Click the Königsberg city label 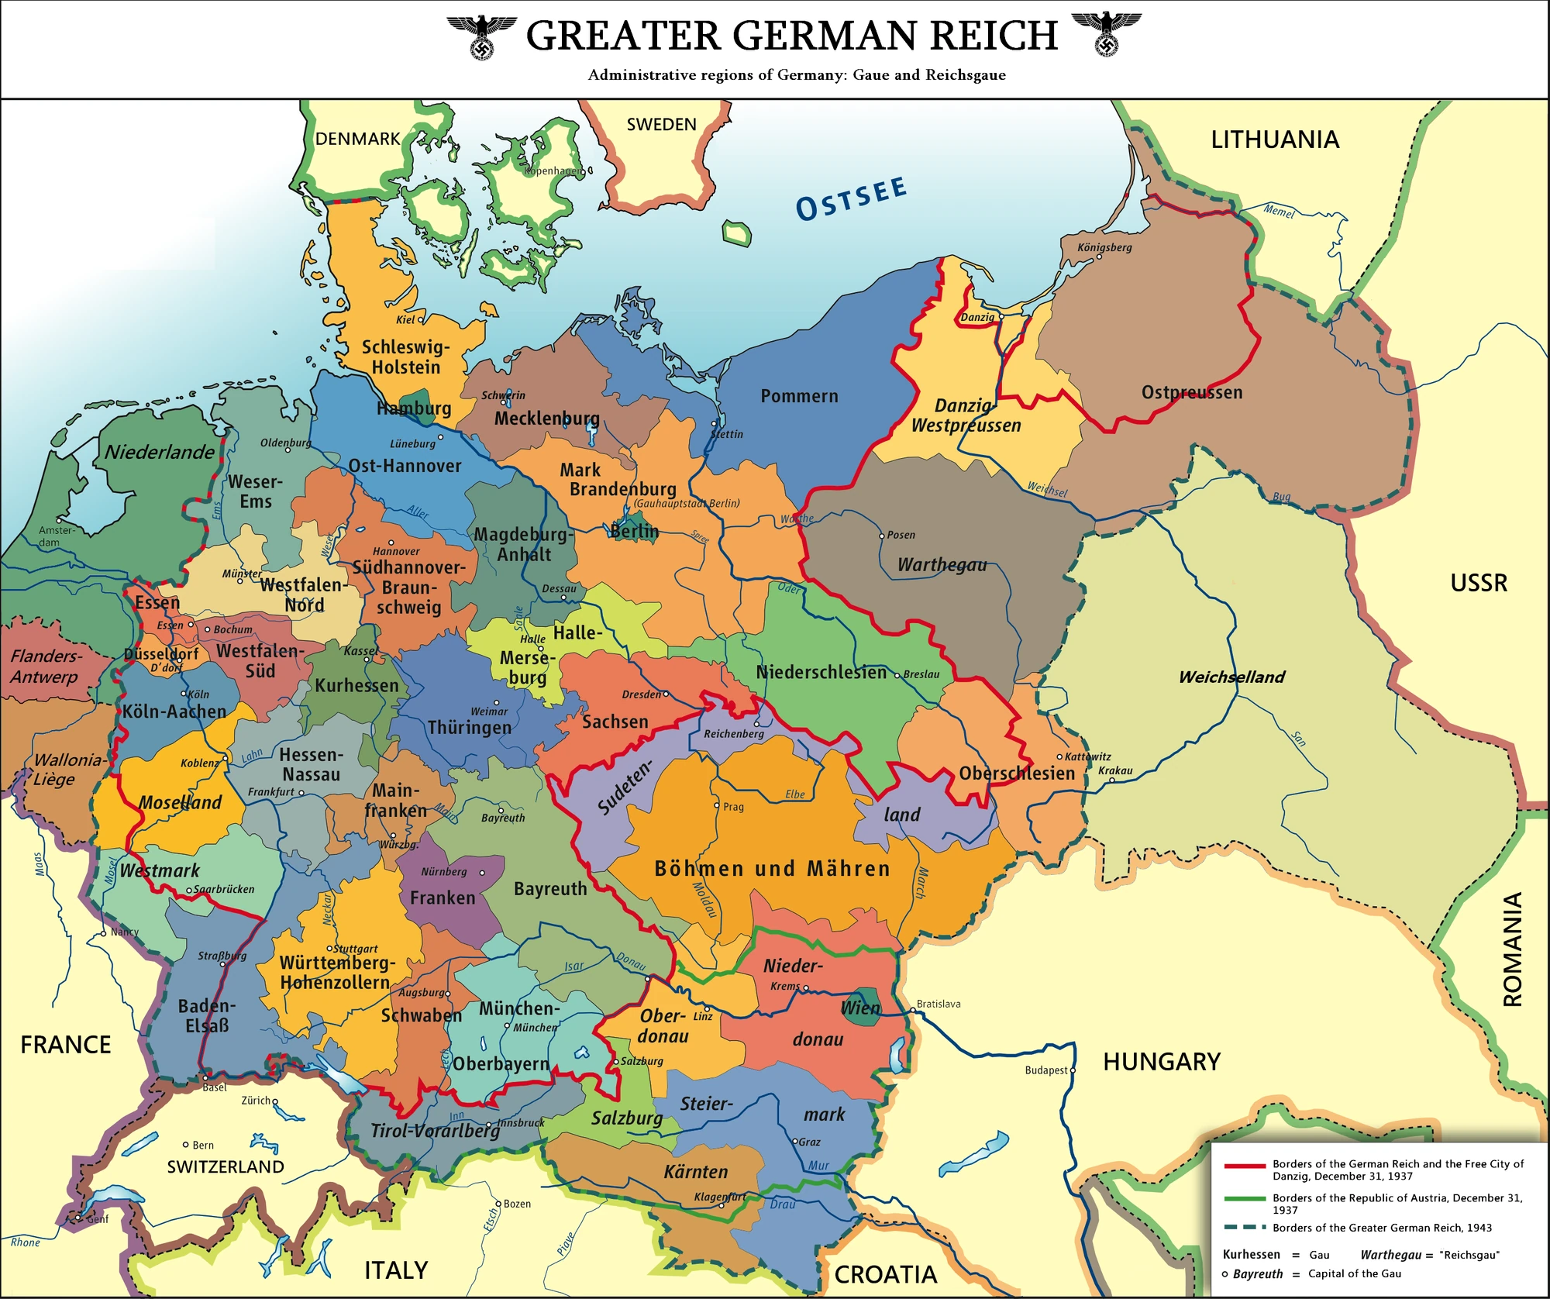pyautogui.click(x=1104, y=247)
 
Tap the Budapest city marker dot pyautogui.click(x=1073, y=1070)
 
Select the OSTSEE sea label pyautogui.click(x=851, y=198)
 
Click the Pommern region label pyautogui.click(x=799, y=396)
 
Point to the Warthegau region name pyautogui.click(x=942, y=565)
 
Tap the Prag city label pyautogui.click(x=733, y=807)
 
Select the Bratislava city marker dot pyautogui.click(x=913, y=1011)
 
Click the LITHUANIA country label pyautogui.click(x=1275, y=140)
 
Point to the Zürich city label pyautogui.click(x=256, y=1101)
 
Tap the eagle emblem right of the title pyautogui.click(x=1106, y=34)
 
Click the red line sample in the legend pyautogui.click(x=1245, y=1166)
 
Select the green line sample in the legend pyautogui.click(x=1245, y=1199)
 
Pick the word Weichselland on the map pyautogui.click(x=1231, y=677)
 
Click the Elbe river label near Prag pyautogui.click(x=794, y=794)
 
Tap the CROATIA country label pyautogui.click(x=885, y=1275)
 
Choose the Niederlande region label pyautogui.click(x=160, y=453)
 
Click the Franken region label pyautogui.click(x=443, y=898)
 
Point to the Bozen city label pyautogui.click(x=517, y=1204)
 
